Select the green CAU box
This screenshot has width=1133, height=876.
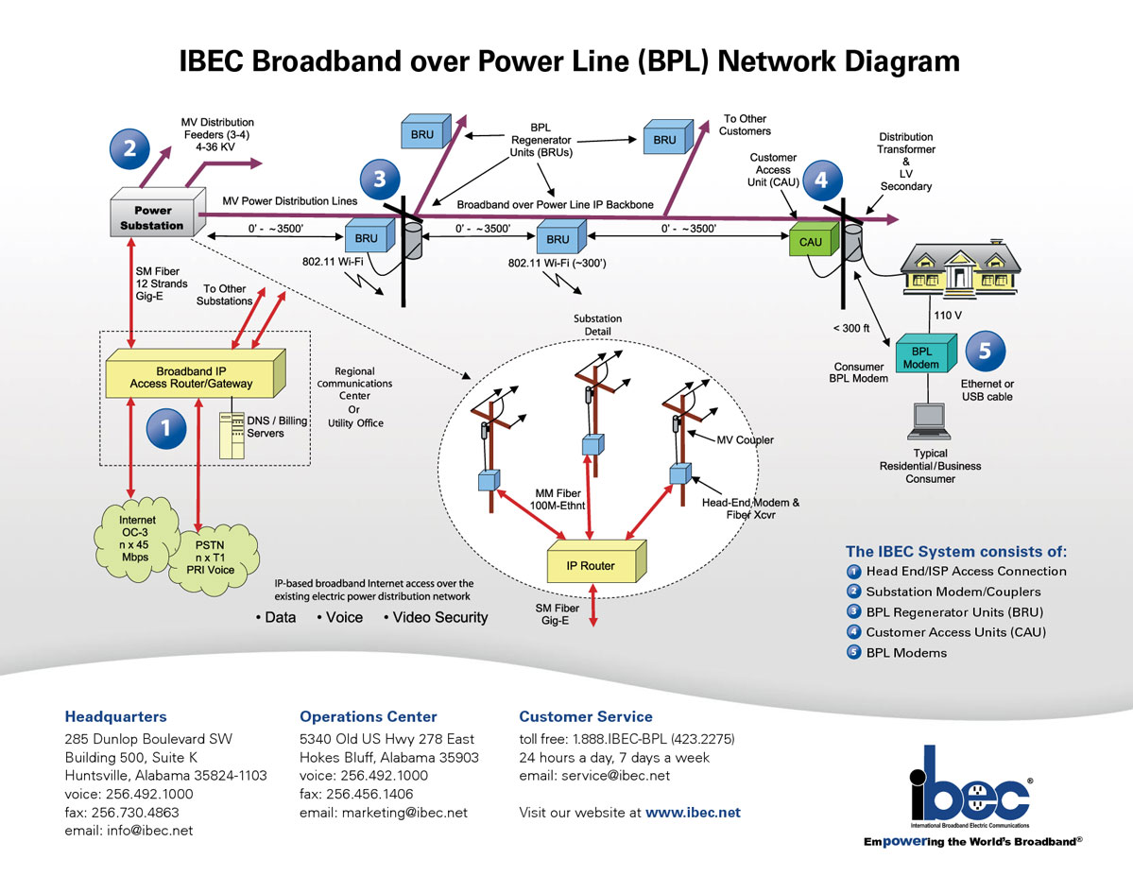tap(812, 242)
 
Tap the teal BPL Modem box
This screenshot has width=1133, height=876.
tap(921, 357)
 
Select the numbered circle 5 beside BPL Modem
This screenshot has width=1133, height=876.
tap(985, 351)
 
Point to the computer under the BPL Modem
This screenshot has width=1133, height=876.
tap(927, 422)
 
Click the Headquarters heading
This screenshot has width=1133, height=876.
tap(115, 716)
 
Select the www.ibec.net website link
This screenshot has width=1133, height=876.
tap(693, 812)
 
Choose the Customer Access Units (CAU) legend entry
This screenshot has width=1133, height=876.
tap(955, 632)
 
